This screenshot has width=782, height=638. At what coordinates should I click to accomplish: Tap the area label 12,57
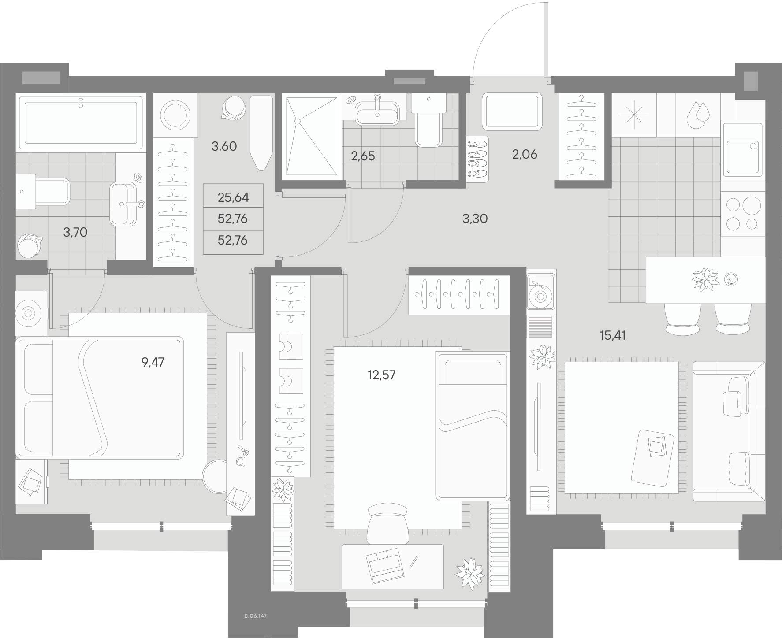381,375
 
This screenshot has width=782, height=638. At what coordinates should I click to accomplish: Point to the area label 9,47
153,363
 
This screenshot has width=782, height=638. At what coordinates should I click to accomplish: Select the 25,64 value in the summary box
233,197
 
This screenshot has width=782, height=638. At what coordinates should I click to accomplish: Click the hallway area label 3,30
475,218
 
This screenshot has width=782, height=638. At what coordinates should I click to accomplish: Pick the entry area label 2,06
525,155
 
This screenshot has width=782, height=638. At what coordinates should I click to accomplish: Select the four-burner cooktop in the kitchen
743,214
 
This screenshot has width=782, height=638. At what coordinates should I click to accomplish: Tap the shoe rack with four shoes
478,157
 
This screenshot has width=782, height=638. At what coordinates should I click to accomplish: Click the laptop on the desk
385,566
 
